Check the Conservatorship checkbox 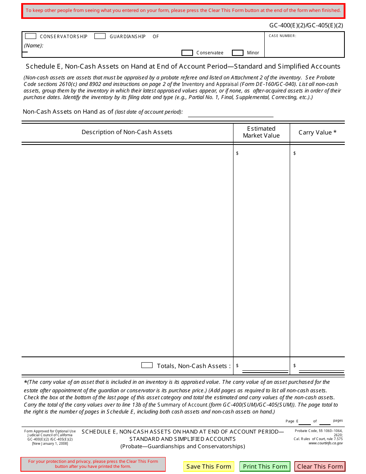[x=30, y=36]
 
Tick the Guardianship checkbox [x=100, y=36]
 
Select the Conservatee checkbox [x=187, y=53]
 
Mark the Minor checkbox [x=238, y=53]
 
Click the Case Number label [x=282, y=36]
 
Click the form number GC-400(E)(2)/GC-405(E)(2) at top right [x=306, y=25]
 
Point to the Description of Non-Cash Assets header [x=127, y=132]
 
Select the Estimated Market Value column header [x=261, y=132]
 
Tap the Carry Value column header [x=317, y=133]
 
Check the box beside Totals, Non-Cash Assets [x=147, y=365]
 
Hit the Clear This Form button [x=320, y=466]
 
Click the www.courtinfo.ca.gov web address [x=326, y=443]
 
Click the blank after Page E [x=305, y=421]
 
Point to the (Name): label [x=34, y=45]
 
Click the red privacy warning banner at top [x=183, y=10]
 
